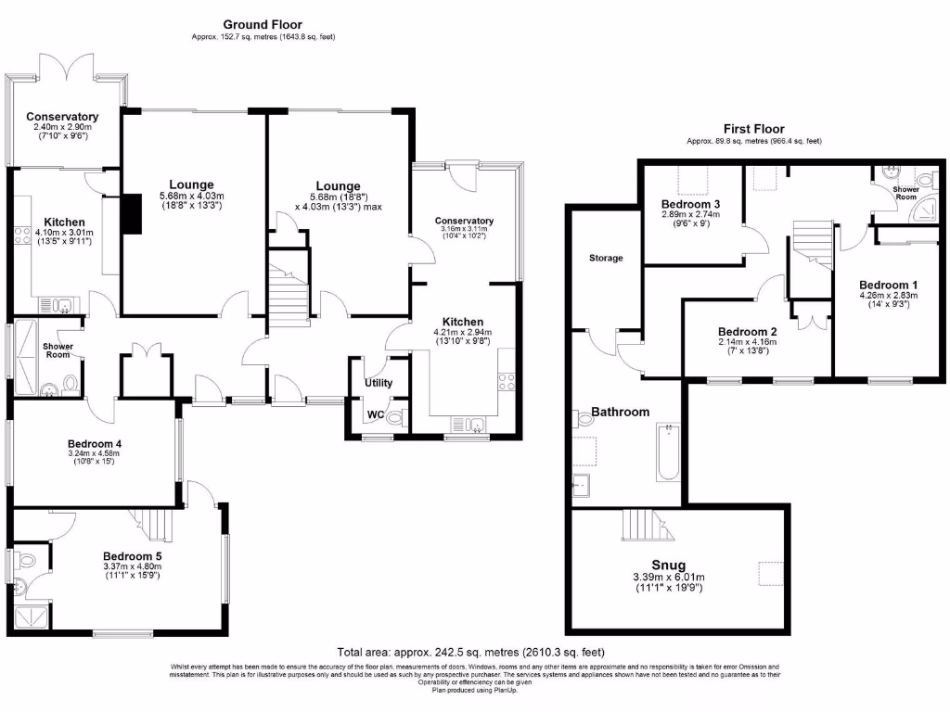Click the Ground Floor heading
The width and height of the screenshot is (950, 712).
263,25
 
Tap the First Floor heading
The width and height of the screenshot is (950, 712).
753,129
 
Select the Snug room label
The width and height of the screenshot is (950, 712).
668,565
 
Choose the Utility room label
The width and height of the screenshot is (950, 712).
379,383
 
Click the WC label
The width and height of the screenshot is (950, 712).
376,414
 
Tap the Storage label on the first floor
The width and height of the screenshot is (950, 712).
605,258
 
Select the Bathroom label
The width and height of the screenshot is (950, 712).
621,412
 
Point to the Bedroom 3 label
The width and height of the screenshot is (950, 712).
691,204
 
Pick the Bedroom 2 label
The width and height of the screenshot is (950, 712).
747,331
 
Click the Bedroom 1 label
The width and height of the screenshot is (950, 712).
888,285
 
